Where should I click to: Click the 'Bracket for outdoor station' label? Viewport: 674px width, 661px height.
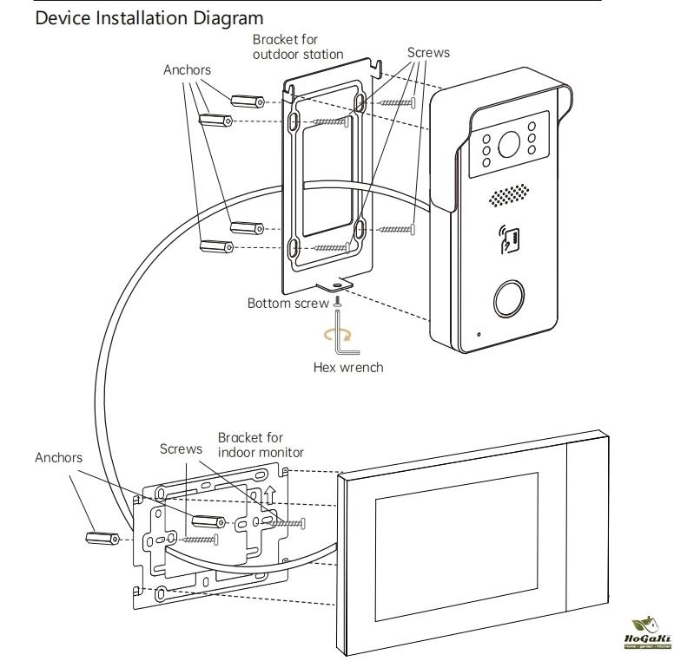point(297,47)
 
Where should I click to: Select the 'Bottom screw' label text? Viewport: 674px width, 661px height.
point(288,304)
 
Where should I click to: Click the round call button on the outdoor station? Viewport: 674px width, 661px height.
point(509,298)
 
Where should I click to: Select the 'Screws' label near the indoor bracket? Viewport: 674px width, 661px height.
point(181,450)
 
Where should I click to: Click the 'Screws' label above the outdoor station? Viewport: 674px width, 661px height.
point(428,53)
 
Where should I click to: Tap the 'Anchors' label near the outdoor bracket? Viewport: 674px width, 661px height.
point(187,68)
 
